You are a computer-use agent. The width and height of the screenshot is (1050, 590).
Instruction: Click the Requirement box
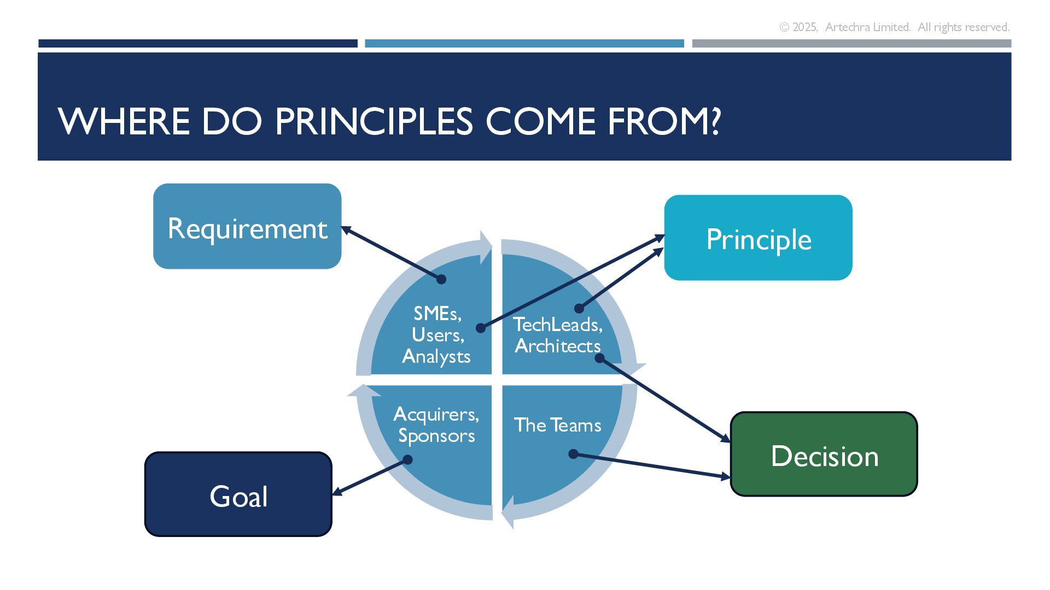pyautogui.click(x=247, y=226)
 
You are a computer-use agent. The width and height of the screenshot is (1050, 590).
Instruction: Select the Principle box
pyautogui.click(x=758, y=238)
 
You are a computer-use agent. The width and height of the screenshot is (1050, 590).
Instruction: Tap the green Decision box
pyautogui.click(x=824, y=454)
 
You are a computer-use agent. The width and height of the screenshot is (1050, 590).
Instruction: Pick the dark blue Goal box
pyautogui.click(x=238, y=494)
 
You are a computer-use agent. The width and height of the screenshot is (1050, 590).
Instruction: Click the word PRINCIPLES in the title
pyautogui.click(x=374, y=121)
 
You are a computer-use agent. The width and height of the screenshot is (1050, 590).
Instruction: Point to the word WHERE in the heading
pyautogui.click(x=124, y=121)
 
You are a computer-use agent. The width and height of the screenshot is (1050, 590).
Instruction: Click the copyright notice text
pyautogui.click(x=894, y=27)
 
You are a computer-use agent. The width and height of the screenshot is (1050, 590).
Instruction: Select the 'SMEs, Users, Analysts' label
pyautogui.click(x=436, y=334)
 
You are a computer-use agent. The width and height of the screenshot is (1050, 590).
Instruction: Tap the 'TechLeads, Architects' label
pyautogui.click(x=558, y=335)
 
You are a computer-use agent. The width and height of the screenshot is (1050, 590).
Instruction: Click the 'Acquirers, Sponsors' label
pyautogui.click(x=436, y=424)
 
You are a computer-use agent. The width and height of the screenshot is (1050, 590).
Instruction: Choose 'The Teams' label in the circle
pyautogui.click(x=557, y=425)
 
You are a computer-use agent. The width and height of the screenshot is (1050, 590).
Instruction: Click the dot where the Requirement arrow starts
pyautogui.click(x=441, y=279)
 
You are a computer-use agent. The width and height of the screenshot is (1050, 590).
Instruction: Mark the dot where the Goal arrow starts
pyautogui.click(x=407, y=460)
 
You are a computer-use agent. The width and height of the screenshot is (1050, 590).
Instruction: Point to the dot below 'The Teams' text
pyautogui.click(x=573, y=454)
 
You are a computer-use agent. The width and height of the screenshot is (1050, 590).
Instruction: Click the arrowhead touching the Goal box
pyautogui.click(x=337, y=492)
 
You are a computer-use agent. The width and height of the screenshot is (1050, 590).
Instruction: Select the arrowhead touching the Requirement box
pyautogui.click(x=346, y=231)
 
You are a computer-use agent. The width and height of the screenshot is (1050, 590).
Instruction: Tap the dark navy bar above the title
pyautogui.click(x=197, y=43)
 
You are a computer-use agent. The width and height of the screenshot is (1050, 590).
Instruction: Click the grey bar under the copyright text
pyautogui.click(x=851, y=43)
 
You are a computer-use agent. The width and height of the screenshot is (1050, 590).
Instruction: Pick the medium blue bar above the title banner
pyautogui.click(x=524, y=43)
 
